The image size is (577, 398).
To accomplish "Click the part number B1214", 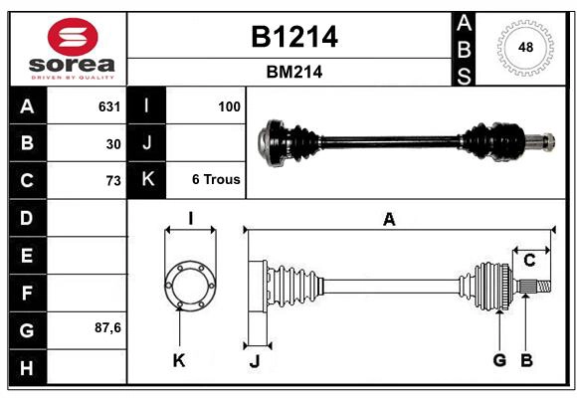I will point(293,37).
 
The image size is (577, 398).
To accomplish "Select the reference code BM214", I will point(293,72).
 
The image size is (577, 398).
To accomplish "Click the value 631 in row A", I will point(108,106).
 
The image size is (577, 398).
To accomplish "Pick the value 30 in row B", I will point(112,143).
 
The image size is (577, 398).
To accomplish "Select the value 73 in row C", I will point(112,180).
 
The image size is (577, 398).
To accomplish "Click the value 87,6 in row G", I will point(107,327).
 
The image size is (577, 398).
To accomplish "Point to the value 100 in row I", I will point(228,106).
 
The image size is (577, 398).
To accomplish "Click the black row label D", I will point(27,217).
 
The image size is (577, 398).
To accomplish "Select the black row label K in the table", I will point(148,180).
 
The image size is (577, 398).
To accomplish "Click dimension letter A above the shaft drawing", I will point(389,220).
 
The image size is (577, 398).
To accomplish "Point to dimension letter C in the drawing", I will point(530,261).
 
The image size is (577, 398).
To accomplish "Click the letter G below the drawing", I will point(499,360).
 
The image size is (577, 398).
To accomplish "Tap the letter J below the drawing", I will point(254,362).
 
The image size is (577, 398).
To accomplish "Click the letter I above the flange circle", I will point(189,219).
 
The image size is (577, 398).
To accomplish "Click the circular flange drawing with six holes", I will point(189,286).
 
